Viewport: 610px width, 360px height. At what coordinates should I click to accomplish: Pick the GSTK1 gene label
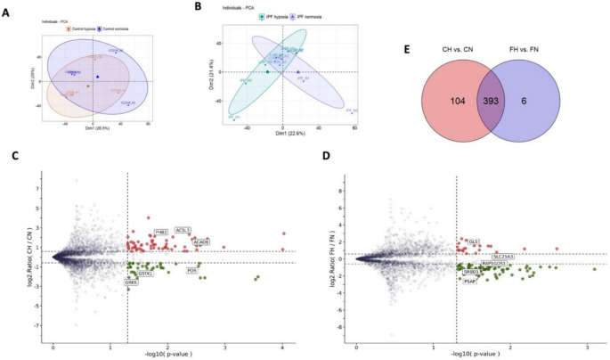point(144,274)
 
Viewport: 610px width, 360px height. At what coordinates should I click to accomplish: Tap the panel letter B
point(209,7)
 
